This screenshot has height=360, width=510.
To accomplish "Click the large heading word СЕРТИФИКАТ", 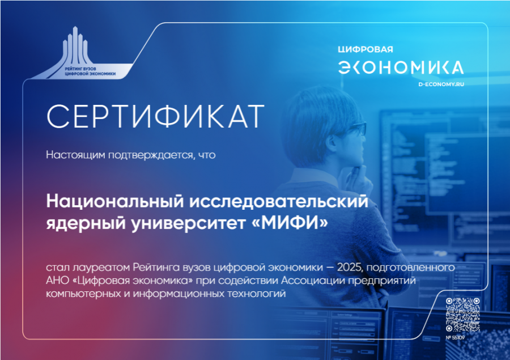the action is [155, 116].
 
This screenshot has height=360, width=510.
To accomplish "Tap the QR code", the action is [462, 315].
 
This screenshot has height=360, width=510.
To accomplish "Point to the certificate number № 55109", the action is [455, 337].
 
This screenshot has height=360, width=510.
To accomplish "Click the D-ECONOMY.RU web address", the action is [441, 84].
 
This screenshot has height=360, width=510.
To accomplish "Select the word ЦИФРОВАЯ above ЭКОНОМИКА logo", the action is [365, 49].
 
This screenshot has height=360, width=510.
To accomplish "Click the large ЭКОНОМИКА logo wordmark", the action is [401, 67].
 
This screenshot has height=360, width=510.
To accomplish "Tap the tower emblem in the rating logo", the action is [75, 45].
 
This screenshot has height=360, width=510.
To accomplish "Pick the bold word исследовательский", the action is [279, 201].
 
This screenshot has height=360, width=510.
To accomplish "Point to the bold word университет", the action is [188, 223].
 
